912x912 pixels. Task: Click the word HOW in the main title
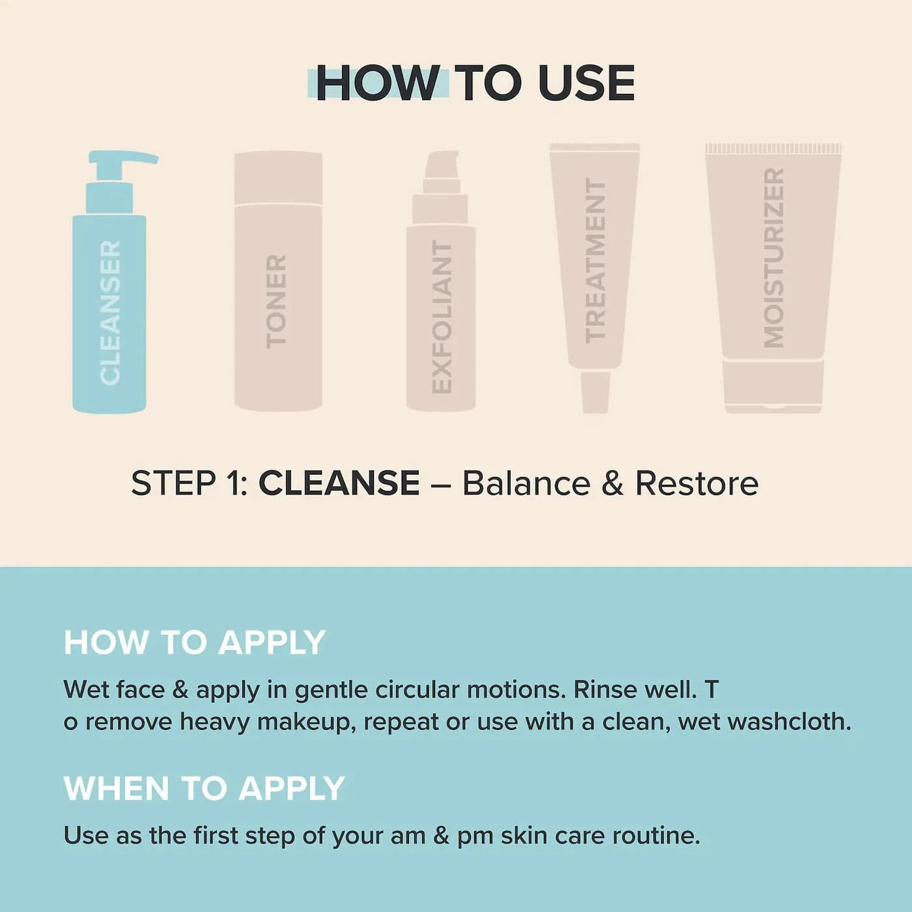(377, 83)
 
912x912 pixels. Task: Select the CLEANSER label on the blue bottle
(110, 313)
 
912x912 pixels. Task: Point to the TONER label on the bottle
(276, 302)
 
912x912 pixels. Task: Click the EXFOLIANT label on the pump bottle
(442, 316)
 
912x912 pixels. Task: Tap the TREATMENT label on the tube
(595, 261)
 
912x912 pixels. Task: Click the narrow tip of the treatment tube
(595, 392)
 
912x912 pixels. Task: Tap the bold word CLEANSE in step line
(339, 483)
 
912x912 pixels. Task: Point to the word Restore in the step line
(696, 483)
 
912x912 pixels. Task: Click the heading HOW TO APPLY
(195, 642)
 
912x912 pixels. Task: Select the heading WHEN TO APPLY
(204, 788)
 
